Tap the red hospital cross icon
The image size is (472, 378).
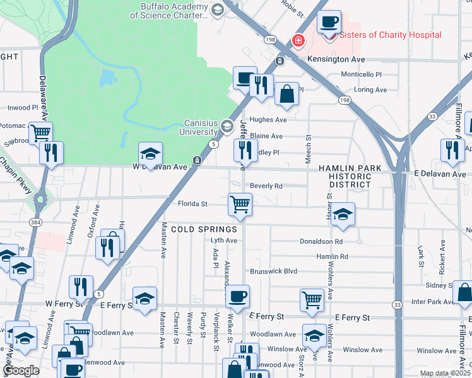coord(297,41)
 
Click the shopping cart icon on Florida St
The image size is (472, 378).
coord(240,205)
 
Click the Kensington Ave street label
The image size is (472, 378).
coord(336,59)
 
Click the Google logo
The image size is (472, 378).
coord(20,370)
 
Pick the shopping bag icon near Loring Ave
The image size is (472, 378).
coord(286,94)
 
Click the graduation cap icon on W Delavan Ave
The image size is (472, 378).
coord(151,154)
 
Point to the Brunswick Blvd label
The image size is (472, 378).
coord(273,271)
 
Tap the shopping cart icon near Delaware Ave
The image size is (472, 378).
coord(40,133)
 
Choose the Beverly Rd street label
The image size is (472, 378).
coord(266,186)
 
